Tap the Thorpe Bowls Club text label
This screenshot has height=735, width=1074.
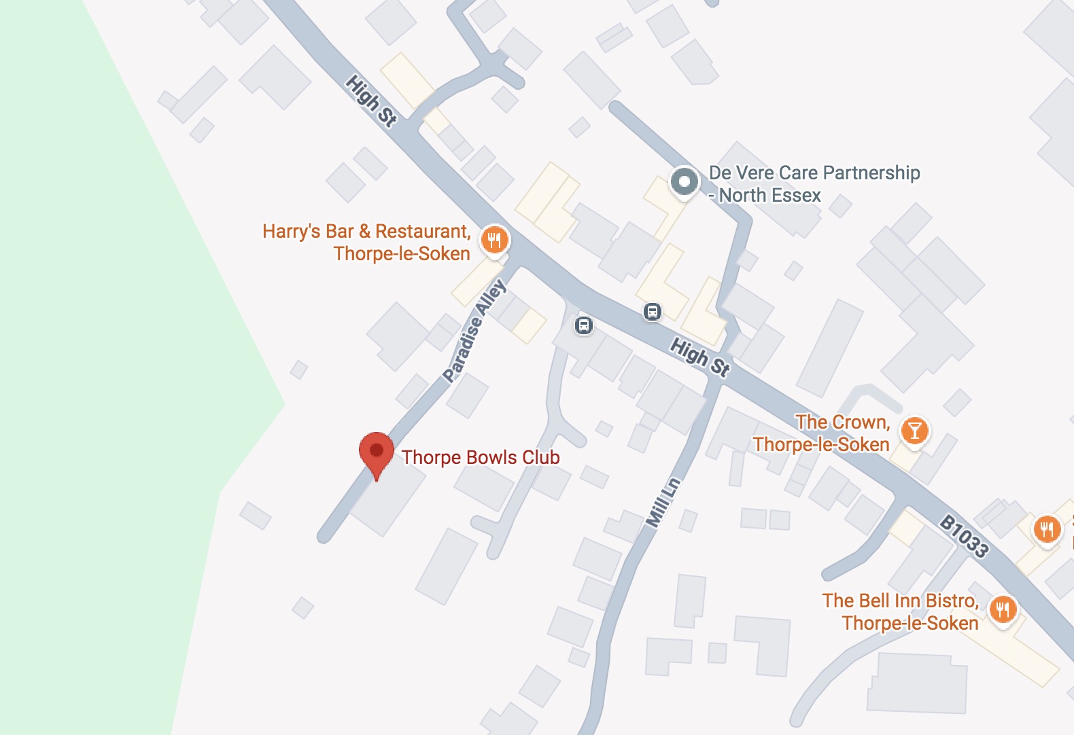pyautogui.click(x=480, y=457)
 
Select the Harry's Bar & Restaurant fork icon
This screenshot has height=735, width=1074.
pyautogui.click(x=494, y=240)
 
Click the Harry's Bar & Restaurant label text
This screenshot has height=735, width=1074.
pyautogui.click(x=367, y=242)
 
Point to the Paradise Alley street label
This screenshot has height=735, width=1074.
pyautogui.click(x=474, y=331)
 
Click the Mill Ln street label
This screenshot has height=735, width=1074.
pyautogui.click(x=663, y=503)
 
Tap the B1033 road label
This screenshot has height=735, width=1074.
pyautogui.click(x=964, y=536)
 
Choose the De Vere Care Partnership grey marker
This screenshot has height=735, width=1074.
pyautogui.click(x=684, y=182)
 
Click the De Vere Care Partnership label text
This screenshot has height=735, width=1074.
pyautogui.click(x=814, y=183)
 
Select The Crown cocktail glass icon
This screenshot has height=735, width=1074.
pyautogui.click(x=914, y=431)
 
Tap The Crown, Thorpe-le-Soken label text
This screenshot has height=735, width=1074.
pyautogui.click(x=822, y=433)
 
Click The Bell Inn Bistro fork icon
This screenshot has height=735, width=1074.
pyautogui.click(x=1003, y=609)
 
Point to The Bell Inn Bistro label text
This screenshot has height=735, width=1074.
pyautogui.click(x=901, y=611)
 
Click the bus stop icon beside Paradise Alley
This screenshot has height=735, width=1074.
pyautogui.click(x=584, y=325)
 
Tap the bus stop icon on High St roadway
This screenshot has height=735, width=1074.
pyautogui.click(x=652, y=312)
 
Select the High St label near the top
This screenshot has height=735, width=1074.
pyautogui.click(x=370, y=101)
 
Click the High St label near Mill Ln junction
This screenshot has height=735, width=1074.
pyautogui.click(x=700, y=357)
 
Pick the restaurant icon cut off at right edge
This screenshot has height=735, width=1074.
pyautogui.click(x=1047, y=529)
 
